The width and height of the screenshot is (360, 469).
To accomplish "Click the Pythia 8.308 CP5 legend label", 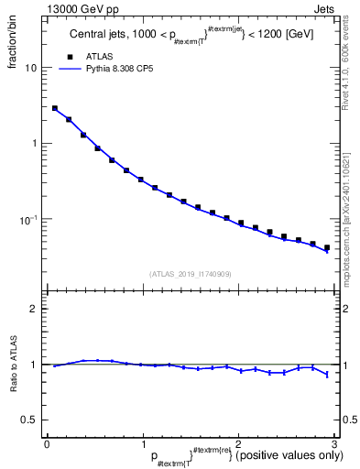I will pos(119,68).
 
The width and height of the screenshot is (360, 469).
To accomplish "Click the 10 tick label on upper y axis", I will pos(31,68).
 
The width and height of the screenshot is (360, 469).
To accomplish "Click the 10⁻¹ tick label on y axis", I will pos(28,219).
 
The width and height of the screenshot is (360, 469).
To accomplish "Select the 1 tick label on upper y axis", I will pos(34,144).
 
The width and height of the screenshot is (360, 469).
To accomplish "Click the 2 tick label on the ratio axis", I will pos(34,309).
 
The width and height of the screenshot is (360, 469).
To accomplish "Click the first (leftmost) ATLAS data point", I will pos(55,108).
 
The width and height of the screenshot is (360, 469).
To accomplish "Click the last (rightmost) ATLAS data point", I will pos(326,247).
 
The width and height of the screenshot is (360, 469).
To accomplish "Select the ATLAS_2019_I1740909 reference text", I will pos(190,274).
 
